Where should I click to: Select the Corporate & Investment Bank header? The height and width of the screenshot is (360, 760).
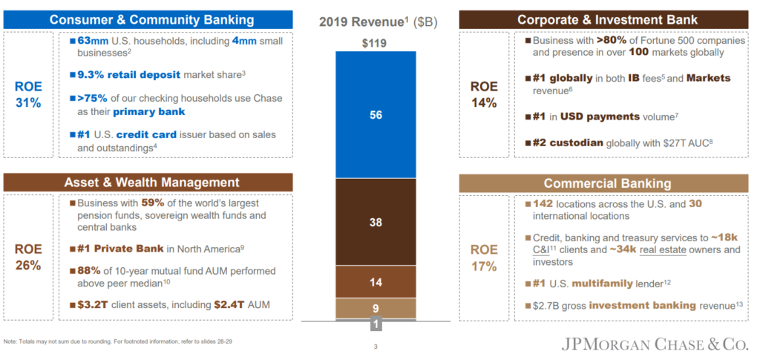[606, 19]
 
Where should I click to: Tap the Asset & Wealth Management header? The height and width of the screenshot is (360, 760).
[151, 182]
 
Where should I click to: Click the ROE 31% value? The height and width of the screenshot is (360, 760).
[28, 94]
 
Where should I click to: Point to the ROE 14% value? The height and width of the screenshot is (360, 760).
[484, 94]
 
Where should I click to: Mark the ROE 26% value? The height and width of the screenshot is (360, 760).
[28, 257]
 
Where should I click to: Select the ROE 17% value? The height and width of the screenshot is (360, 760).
[484, 257]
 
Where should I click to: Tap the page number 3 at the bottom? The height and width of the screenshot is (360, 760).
[376, 347]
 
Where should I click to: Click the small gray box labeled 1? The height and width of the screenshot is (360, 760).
[378, 324]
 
